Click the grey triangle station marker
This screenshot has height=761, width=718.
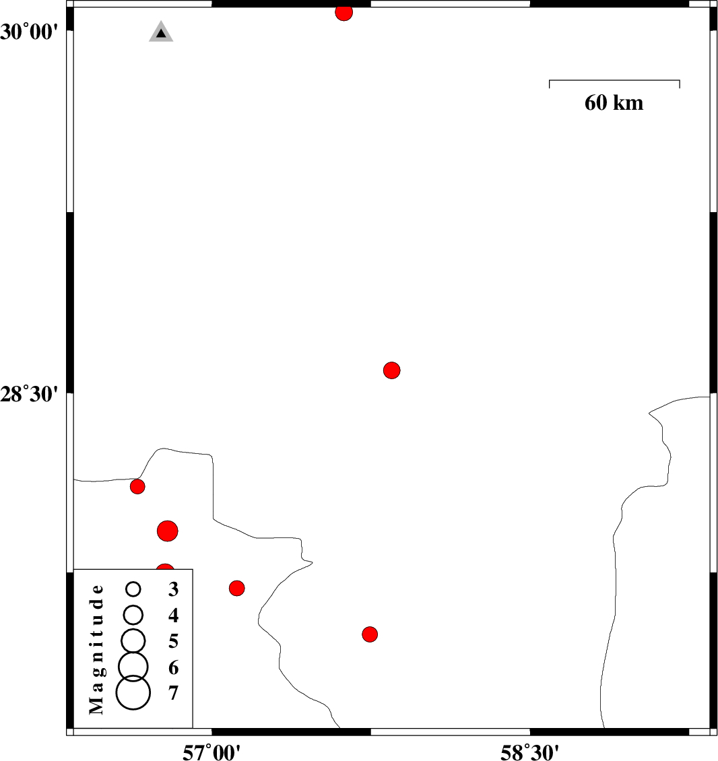click(161, 32)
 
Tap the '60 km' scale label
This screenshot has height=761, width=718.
click(614, 103)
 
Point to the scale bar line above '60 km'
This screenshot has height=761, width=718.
click(614, 80)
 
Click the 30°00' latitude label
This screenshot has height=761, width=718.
click(29, 32)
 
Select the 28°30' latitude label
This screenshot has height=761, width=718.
click(29, 394)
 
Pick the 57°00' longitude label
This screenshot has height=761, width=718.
click(211, 752)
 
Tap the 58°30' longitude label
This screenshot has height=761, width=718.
click(529, 752)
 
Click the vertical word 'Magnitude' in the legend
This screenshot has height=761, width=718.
click(96, 649)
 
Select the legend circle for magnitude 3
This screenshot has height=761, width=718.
click(133, 589)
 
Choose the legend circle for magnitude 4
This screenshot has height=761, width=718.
click(133, 615)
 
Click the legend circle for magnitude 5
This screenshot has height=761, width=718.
click(133, 640)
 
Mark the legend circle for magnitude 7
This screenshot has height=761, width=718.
click(133, 692)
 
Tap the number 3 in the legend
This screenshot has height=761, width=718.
click(173, 589)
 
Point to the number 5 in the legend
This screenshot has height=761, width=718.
click(173, 641)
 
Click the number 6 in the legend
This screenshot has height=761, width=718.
click(173, 667)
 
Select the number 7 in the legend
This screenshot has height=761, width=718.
click(173, 693)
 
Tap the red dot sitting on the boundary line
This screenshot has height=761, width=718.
click(137, 486)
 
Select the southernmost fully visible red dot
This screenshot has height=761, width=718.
click(370, 634)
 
